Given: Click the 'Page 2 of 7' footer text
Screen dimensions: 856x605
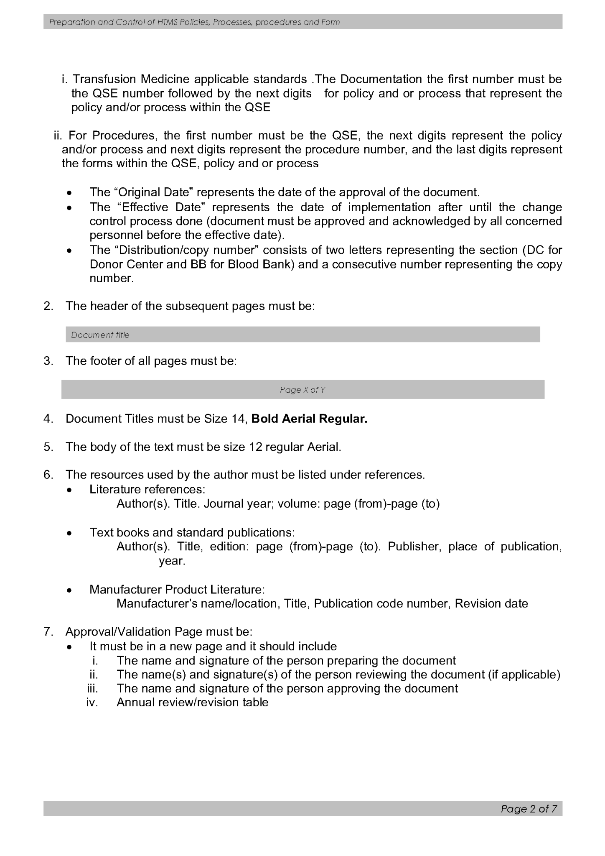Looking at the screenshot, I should click(x=529, y=808).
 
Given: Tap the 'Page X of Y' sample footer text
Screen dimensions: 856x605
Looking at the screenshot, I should click(x=302, y=390).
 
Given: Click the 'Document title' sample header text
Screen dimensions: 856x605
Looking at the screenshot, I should click(x=100, y=335).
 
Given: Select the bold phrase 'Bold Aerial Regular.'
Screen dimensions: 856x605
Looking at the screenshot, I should click(x=309, y=419).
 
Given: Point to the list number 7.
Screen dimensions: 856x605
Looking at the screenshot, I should click(x=48, y=631).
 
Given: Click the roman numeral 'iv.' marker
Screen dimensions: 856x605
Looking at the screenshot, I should click(x=92, y=702).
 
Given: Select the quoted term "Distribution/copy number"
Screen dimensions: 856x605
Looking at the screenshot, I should click(x=186, y=250).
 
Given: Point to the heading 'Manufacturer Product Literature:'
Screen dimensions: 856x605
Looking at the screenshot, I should click(x=177, y=589).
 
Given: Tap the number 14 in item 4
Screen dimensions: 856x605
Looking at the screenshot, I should click(x=238, y=419).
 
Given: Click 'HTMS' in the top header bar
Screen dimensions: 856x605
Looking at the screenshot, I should click(x=168, y=22).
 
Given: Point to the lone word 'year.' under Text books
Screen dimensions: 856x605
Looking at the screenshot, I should click(x=172, y=560).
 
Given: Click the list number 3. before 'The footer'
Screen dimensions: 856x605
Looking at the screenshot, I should click(x=48, y=361).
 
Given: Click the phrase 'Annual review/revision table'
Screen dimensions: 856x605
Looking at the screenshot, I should click(x=192, y=702).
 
